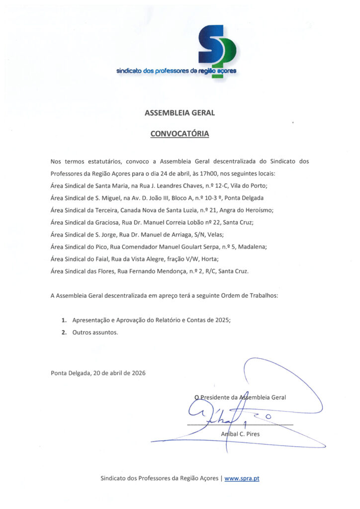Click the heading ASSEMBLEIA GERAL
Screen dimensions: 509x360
pyautogui.click(x=180, y=113)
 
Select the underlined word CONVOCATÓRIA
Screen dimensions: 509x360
pyautogui.click(x=180, y=134)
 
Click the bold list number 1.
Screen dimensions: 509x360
pyautogui.click(x=64, y=321)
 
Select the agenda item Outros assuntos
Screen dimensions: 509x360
pyautogui.click(x=95, y=333)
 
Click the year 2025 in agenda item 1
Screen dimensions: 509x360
pyautogui.click(x=221, y=321)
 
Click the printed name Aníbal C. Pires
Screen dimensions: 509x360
pyautogui.click(x=240, y=434)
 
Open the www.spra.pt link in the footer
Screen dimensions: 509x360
pyautogui.click(x=242, y=479)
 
